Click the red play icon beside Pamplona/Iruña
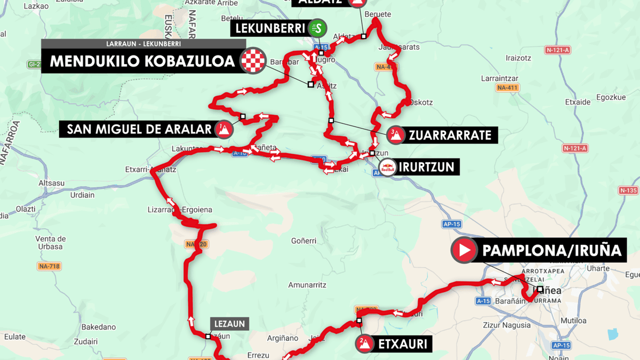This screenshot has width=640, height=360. coord(464,250)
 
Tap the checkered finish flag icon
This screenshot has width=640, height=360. coord(253,61)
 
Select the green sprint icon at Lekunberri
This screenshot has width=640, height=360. coord(318,28)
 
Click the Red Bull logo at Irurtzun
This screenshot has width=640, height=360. coord(388,167)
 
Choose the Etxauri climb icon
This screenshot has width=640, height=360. coord(365,343)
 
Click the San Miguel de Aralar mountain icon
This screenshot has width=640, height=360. coord(223,129)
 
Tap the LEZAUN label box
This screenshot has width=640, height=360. coord(230,323)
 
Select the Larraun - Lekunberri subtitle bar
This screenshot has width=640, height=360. coord(143,44)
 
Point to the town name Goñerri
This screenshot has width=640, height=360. coord(304,241)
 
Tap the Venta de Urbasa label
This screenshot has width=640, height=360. coord(50,242)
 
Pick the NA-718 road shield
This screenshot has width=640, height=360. coord(49,266)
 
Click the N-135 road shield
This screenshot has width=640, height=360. coord(628,190)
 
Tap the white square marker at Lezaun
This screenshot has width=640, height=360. coord(209,337)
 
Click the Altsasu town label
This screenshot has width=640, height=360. coord(52,183)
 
